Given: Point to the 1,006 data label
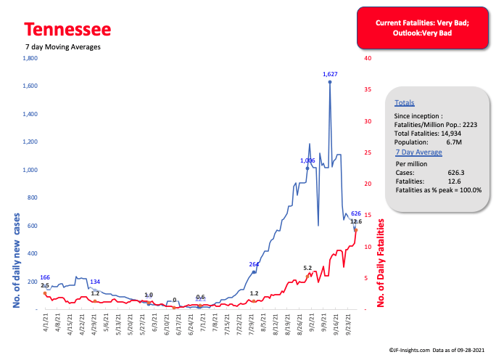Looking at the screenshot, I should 308,160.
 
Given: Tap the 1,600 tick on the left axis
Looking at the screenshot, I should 29,86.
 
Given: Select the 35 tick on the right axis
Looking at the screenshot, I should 368,90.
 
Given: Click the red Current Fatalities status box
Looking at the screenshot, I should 421,29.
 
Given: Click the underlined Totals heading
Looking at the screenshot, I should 405,104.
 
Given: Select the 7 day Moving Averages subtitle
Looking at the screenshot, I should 62,46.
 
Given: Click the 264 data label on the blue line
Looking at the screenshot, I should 254,264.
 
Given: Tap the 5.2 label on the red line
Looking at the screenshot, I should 307,268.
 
